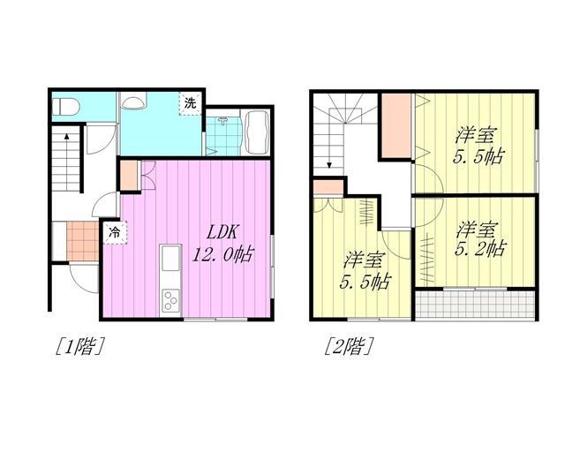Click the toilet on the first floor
pos(65,107)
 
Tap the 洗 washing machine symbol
pos(190,103)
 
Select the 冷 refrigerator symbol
pos(115,233)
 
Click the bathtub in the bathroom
pos(255,132)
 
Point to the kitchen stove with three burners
pos(170,300)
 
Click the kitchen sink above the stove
pos(170,259)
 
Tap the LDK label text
pos(222,233)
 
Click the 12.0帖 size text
pos(222,255)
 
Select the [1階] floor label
pos(79,346)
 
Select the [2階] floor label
pos(348,346)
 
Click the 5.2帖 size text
pos(480,249)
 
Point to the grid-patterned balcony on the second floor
pos(475,305)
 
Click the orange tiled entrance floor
pos(82,241)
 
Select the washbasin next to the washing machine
pos(133,101)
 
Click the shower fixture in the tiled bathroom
pos(223,120)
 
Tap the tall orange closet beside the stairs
pos(396,125)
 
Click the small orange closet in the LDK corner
pos(129,176)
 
